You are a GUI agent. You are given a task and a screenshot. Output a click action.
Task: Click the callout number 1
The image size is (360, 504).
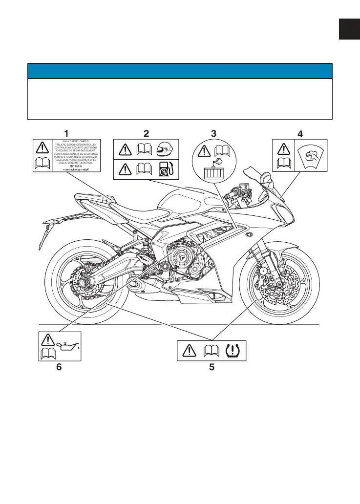[x=66, y=132]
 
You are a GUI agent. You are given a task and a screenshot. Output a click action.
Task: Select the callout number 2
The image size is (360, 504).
[x=146, y=132]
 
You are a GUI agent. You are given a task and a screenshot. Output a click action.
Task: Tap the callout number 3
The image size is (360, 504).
[x=213, y=132]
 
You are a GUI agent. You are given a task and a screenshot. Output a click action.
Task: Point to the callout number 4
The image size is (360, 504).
[x=300, y=133]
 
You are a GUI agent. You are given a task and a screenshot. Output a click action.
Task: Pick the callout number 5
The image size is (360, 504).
[x=212, y=368]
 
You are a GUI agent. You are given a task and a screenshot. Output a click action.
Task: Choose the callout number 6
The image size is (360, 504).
[x=59, y=368]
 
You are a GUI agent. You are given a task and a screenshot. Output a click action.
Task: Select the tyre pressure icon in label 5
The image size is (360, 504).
[x=235, y=350]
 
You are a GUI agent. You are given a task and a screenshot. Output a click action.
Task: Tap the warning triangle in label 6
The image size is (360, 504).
[x=48, y=339]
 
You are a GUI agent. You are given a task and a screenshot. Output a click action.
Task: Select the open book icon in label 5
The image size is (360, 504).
[x=212, y=350]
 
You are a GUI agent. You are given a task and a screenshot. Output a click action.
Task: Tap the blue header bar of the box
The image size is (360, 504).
[x=180, y=71]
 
